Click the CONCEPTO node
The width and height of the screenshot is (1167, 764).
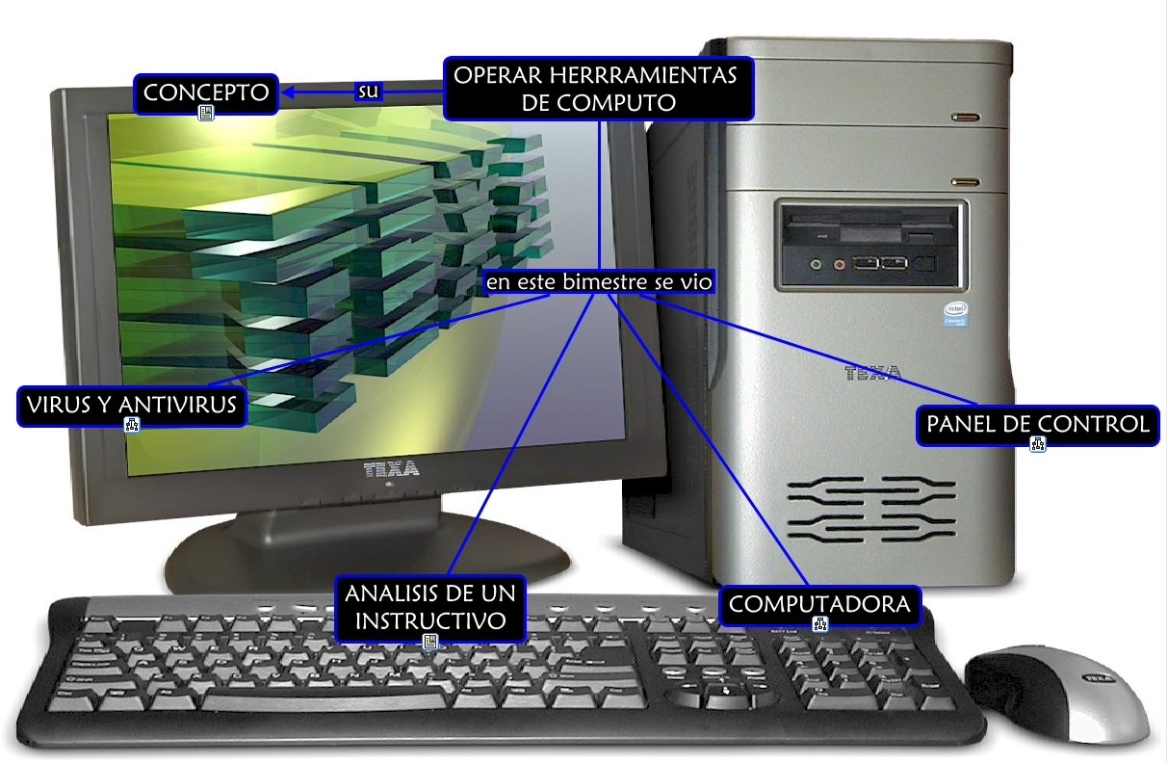point(205,92)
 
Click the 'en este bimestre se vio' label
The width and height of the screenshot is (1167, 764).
point(598,283)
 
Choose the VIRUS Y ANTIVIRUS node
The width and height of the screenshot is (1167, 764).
point(132,406)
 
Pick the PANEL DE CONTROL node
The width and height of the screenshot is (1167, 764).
point(1037,424)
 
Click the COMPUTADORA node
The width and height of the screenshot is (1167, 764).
point(819,605)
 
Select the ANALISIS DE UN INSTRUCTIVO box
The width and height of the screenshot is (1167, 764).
point(430,606)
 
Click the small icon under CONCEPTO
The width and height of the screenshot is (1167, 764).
point(205,114)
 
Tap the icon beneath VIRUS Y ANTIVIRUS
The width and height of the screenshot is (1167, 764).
point(132,425)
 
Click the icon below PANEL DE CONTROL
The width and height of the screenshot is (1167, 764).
point(1038,444)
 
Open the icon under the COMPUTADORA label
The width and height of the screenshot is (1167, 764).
point(820,624)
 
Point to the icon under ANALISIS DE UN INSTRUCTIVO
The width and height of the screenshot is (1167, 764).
point(430,641)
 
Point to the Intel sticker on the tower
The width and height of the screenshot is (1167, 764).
point(954,315)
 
